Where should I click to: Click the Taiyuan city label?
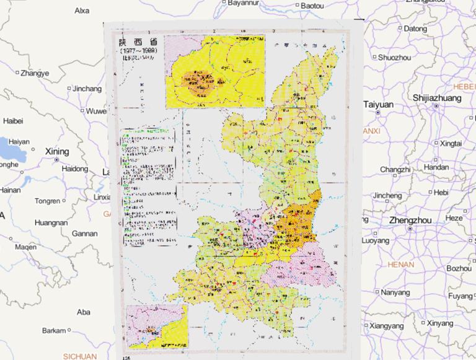(379, 105)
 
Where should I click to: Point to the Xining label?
(57, 151)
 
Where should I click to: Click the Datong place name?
(415, 29)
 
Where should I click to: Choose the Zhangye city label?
(34, 73)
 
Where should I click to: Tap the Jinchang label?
(87, 89)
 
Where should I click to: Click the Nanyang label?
(395, 292)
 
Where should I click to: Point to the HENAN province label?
(400, 265)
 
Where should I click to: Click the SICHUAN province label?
(79, 356)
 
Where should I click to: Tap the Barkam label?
(54, 331)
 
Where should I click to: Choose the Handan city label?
(437, 168)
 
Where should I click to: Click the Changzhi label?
(395, 170)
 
